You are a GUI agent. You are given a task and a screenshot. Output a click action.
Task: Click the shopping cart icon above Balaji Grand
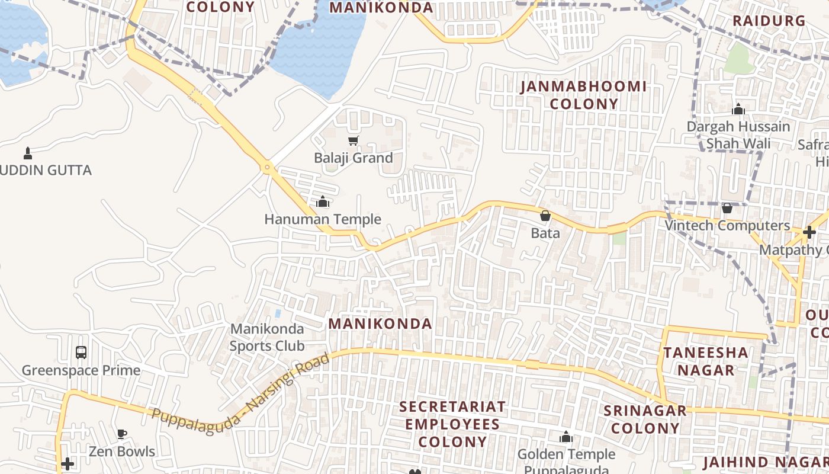coord(354,140)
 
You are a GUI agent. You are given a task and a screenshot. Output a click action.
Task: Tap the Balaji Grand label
coord(354,158)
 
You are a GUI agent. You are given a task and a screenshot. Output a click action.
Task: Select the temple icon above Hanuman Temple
coord(323,202)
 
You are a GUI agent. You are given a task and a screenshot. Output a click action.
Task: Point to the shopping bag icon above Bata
coord(545,216)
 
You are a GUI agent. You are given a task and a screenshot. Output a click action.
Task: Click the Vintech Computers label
coord(727,226)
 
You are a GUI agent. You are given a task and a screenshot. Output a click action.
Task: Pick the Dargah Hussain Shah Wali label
coord(738,135)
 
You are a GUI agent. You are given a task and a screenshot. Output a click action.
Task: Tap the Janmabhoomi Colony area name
coord(584,95)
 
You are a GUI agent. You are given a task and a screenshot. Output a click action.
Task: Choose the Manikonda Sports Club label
coord(267,337)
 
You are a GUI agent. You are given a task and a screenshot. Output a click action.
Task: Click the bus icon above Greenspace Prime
coord(81,353)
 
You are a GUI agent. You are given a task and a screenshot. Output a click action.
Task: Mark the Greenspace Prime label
coord(81,371)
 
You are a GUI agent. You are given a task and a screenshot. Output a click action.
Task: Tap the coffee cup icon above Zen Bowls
coord(122,434)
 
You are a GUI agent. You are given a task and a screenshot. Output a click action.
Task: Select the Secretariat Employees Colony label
coord(453,424)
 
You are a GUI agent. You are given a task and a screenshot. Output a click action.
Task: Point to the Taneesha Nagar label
coord(706,361)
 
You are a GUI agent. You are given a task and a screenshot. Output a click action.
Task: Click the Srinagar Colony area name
coord(645,419)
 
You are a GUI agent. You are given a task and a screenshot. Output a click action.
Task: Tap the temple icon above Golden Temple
coord(566,437)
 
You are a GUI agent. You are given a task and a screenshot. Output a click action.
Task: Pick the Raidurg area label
coord(769,21)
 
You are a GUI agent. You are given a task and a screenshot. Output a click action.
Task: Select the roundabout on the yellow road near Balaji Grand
coord(268,168)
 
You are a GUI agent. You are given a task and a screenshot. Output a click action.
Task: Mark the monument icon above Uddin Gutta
coord(27,153)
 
